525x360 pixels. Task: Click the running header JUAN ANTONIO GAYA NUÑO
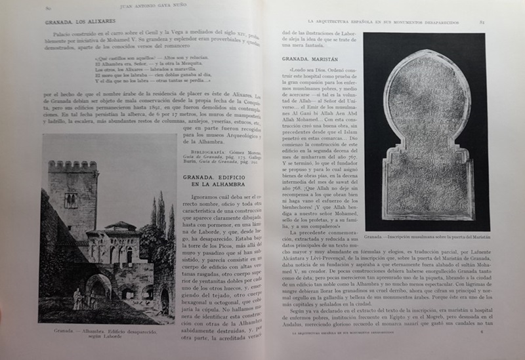[152, 8]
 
